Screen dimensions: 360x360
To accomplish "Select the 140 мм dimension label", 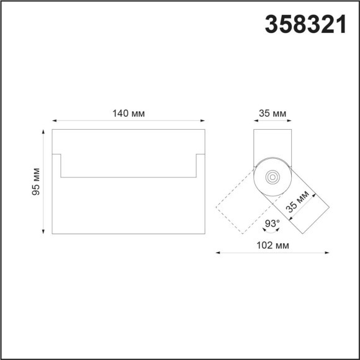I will (128, 113).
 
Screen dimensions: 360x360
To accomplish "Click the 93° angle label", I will (272, 223).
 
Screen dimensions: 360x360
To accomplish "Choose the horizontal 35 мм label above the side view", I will (272, 113).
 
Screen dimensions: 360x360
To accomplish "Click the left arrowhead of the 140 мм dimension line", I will (54, 120).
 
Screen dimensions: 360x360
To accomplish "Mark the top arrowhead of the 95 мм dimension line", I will (42, 132).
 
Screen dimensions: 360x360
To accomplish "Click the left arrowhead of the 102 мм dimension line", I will (218, 253).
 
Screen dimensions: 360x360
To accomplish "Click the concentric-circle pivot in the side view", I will (272, 177).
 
